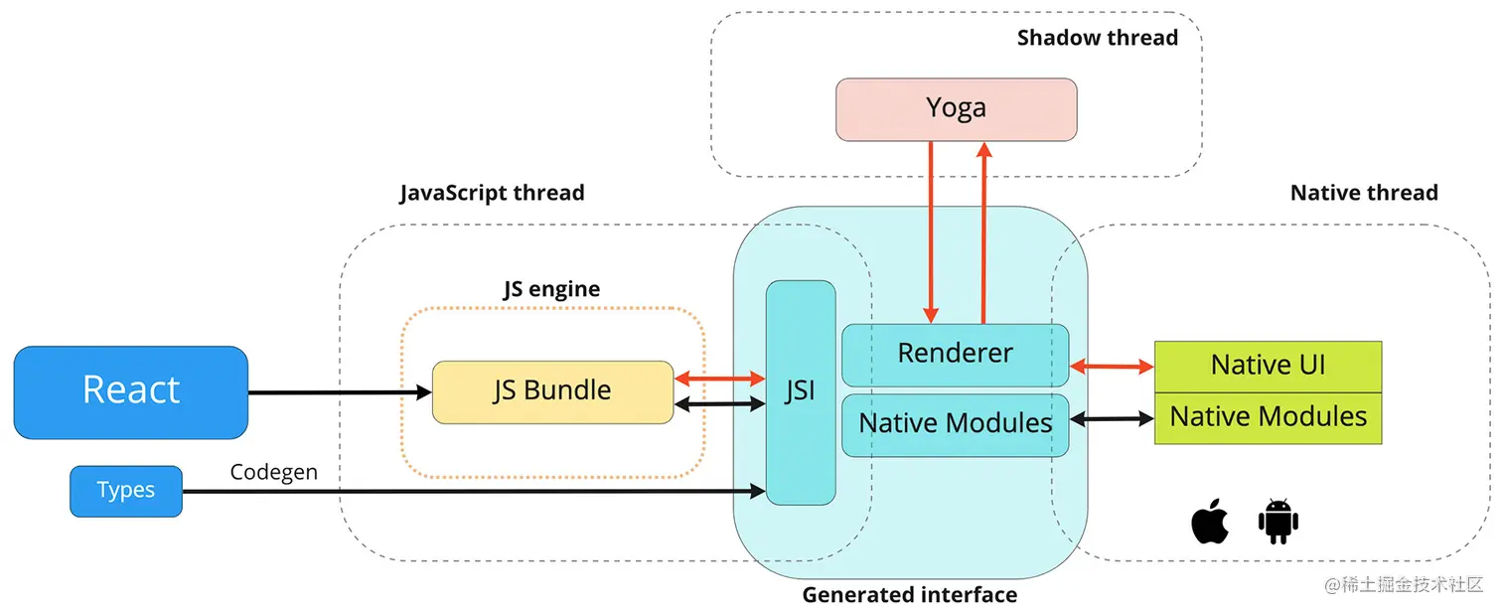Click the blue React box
point(130,391)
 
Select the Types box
point(126,491)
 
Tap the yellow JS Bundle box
point(552,391)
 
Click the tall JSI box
point(800,392)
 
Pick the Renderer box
point(955,354)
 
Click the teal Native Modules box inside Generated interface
point(955,424)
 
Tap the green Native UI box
point(1268,366)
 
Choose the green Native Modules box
point(1268,417)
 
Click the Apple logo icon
point(1210,522)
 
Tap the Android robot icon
point(1278,522)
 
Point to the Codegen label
point(274,473)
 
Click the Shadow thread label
point(1097,38)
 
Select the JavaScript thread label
point(492,193)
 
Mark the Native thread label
point(1363,193)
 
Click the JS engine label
point(551,289)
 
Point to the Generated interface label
point(909,595)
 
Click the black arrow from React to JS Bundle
point(339,392)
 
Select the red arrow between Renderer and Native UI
point(1112,367)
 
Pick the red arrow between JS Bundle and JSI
point(719,378)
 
